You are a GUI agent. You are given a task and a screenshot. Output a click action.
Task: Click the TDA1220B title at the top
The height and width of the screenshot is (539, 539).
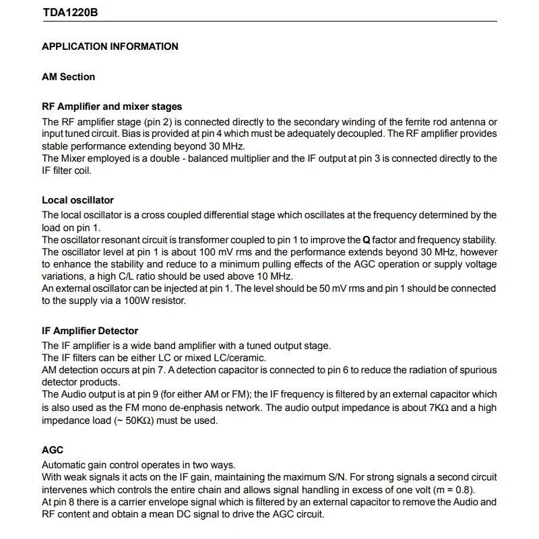[70, 13]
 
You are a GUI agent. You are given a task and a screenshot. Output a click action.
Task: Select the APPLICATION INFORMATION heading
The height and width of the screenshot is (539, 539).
[110, 46]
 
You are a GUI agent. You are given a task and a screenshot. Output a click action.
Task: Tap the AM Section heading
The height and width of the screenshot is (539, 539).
[68, 77]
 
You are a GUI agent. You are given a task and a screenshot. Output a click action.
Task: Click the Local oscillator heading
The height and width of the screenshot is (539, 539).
[77, 200]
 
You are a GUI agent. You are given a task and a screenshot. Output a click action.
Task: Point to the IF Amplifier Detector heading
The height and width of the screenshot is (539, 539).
[90, 331]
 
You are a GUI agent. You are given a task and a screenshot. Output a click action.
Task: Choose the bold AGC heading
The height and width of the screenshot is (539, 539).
[53, 450]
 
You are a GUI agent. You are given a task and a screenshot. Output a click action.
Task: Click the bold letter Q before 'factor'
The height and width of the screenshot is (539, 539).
[367, 240]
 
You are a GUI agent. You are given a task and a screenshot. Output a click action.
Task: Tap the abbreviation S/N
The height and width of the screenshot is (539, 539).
[351, 478]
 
